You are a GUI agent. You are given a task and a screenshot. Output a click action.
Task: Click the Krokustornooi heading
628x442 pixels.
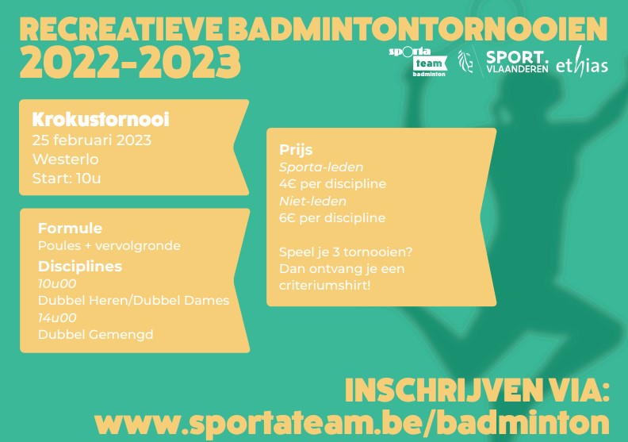tap(101, 119)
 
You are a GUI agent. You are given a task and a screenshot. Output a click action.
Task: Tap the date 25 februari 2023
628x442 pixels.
tap(92, 140)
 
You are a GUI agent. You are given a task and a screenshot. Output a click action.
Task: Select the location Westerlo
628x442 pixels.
tap(65, 159)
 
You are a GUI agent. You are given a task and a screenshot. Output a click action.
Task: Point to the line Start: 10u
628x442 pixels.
tap(67, 178)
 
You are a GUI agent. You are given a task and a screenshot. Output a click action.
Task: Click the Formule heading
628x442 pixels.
tap(70, 228)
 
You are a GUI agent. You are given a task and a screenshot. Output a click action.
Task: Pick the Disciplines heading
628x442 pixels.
tap(80, 266)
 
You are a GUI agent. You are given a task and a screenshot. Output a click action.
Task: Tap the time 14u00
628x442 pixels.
tap(57, 317)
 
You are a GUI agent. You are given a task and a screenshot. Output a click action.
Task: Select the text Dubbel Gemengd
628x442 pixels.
tap(96, 334)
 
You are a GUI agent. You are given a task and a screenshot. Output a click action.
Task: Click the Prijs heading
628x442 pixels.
tap(296, 150)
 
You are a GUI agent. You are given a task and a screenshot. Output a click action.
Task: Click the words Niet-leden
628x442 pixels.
tap(312, 201)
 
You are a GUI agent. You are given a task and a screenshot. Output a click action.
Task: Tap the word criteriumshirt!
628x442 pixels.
tap(325, 286)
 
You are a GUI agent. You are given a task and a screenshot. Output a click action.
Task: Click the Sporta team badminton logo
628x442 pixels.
tap(418, 62)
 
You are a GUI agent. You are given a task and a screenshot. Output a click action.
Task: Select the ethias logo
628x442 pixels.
tap(582, 63)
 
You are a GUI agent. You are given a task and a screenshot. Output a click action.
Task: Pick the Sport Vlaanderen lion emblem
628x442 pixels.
tap(465, 61)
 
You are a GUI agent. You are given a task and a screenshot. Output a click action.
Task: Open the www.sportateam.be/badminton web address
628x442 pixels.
tap(351, 421)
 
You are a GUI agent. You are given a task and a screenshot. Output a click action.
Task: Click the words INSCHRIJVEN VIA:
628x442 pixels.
tap(477, 390)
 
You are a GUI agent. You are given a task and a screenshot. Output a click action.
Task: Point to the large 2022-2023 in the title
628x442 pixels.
tap(130, 63)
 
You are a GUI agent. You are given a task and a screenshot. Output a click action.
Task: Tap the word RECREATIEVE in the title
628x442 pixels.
tap(121, 29)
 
